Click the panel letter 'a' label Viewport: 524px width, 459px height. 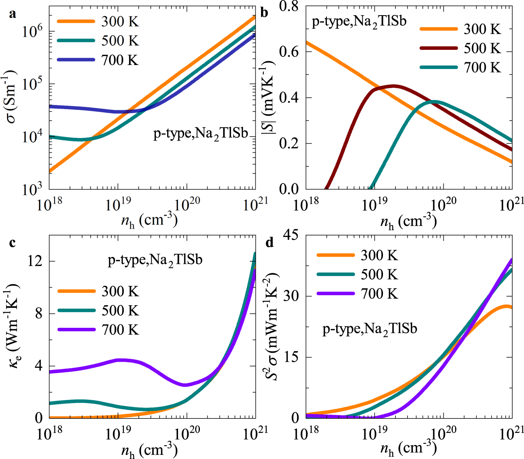12,15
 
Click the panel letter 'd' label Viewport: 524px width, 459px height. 269,243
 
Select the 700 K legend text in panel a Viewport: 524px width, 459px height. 120,60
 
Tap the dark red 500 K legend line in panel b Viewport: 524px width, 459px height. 438,48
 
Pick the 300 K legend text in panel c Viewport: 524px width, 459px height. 120,292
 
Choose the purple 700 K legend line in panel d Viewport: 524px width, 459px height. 335,294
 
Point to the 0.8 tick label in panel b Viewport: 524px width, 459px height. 289,6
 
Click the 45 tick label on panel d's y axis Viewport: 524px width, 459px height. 291,235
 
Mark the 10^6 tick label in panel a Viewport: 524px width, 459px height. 32,31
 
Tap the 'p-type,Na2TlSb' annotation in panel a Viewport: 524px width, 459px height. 201,134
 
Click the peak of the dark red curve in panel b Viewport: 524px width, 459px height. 393,86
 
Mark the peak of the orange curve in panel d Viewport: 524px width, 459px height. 506,306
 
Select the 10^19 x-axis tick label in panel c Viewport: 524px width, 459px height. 118,433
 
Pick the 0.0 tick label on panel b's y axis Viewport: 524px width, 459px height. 289,189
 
